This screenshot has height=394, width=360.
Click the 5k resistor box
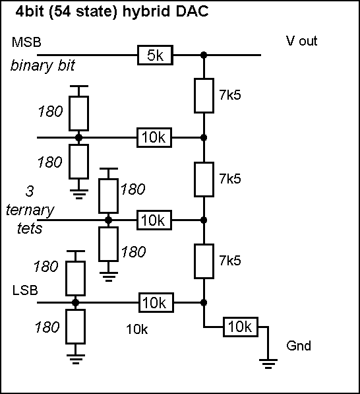(155, 55)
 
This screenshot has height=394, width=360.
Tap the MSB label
(26, 42)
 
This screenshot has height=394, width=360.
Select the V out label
(301, 41)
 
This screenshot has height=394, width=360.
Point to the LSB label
(25, 290)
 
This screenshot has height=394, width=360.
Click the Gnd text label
(299, 346)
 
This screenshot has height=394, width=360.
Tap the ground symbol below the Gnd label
(268, 364)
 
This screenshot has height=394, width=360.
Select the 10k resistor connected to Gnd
(241, 327)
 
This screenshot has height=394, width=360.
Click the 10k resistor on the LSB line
(156, 302)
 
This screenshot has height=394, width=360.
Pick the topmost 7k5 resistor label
(230, 95)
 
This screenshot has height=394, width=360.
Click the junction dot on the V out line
(204, 55)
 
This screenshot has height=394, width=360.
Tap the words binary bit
(43, 66)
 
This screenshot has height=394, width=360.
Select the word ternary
(30, 210)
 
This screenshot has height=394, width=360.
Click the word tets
(30, 228)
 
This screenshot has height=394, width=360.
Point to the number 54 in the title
(62, 11)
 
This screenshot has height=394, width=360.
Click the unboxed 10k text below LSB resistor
(137, 329)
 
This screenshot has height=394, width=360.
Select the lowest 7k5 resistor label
(230, 260)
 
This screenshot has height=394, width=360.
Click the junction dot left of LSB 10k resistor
(75, 302)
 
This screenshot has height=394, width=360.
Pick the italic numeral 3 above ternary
(30, 191)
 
